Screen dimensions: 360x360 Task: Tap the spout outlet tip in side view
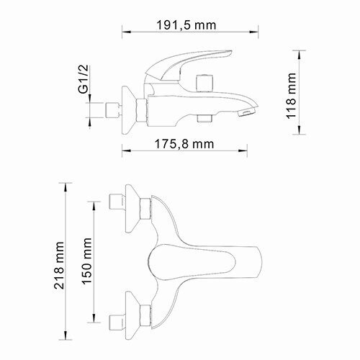(246, 113)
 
